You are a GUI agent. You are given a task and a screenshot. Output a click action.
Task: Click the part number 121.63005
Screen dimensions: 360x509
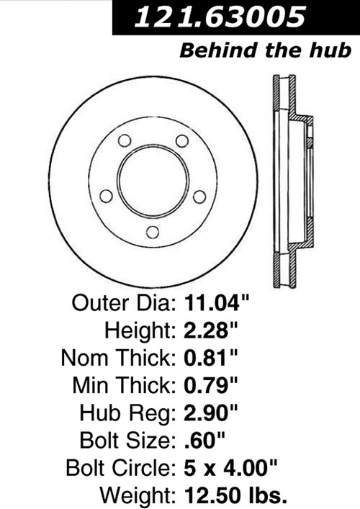click(x=220, y=17)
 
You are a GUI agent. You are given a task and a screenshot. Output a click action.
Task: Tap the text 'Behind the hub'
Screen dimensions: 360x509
click(x=265, y=50)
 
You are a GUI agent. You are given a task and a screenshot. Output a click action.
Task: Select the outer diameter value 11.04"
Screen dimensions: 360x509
click(x=217, y=303)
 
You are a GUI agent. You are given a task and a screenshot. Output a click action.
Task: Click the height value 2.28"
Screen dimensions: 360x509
click(x=211, y=330)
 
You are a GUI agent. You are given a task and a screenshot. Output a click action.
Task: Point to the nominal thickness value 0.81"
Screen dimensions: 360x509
click(x=211, y=358)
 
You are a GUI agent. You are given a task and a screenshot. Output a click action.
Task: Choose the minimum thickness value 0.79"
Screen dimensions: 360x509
click(x=211, y=385)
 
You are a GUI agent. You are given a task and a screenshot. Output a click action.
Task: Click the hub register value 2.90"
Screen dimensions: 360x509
click(x=211, y=413)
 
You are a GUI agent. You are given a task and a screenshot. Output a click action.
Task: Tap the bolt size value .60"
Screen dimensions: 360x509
click(x=204, y=440)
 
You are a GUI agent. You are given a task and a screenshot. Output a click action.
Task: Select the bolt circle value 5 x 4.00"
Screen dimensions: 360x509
click(x=230, y=468)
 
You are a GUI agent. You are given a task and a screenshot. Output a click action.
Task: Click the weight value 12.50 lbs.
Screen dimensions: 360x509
click(x=236, y=495)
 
